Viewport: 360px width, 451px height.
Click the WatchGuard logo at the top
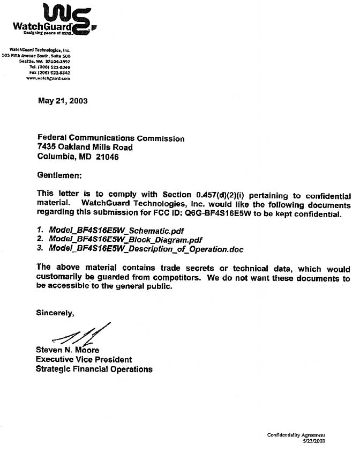click(x=54, y=20)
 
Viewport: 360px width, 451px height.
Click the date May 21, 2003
click(x=63, y=100)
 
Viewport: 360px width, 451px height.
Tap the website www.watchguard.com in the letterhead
click(x=48, y=78)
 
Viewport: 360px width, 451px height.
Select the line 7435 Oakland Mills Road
click(x=85, y=147)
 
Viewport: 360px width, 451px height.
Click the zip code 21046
click(x=107, y=157)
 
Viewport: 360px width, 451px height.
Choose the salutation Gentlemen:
click(x=60, y=175)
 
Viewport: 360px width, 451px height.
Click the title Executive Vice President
click(x=84, y=359)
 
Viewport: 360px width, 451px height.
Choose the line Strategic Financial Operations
click(x=94, y=369)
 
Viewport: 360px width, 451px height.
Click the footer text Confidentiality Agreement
click(x=296, y=435)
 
